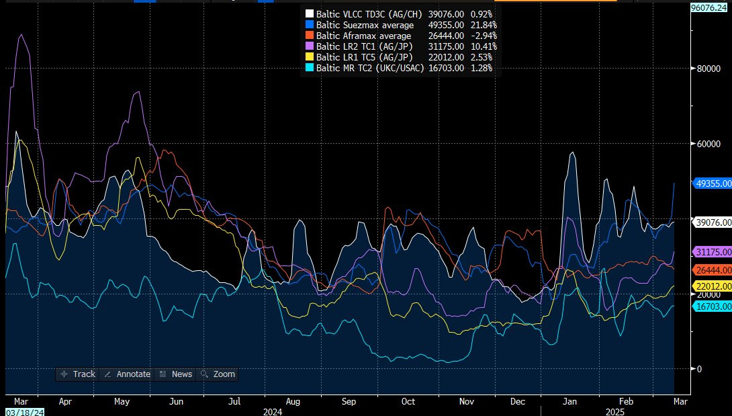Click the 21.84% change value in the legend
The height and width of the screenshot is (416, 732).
482,25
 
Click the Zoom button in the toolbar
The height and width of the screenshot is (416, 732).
219,374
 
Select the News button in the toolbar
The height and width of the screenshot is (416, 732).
176,374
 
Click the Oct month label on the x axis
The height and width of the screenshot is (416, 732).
407,401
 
